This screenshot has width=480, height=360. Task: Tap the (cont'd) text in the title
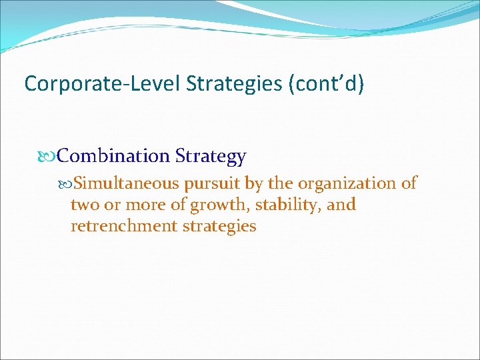coord(327,83)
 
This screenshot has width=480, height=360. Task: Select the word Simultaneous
coord(126,183)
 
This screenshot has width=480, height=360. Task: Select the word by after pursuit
coord(254,183)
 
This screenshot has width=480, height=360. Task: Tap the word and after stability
coord(341,205)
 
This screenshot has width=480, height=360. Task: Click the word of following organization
coord(409,183)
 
